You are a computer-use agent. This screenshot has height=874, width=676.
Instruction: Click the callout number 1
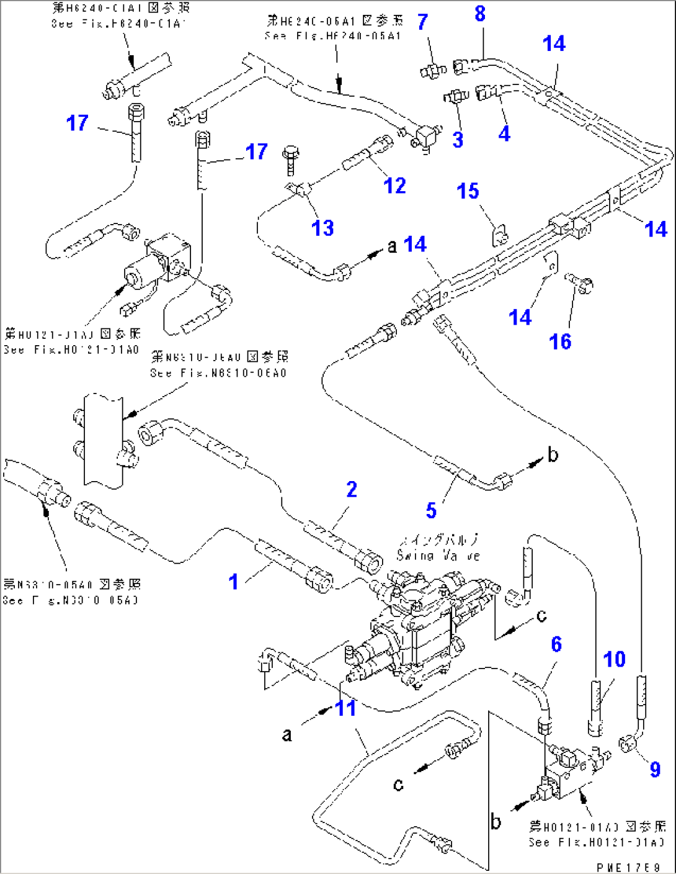(x=233, y=582)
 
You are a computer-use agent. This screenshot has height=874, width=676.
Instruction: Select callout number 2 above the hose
(x=352, y=489)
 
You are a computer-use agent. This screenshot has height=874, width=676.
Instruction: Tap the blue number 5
(x=431, y=510)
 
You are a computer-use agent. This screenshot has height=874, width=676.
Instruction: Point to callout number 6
(x=556, y=644)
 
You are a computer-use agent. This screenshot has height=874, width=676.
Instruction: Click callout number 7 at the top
(x=422, y=22)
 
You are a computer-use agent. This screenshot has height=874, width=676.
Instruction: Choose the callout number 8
(x=480, y=14)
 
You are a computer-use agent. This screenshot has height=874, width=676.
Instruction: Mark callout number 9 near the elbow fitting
(x=655, y=769)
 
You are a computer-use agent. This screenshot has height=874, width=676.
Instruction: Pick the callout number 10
(x=614, y=659)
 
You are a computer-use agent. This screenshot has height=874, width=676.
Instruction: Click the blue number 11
(x=345, y=708)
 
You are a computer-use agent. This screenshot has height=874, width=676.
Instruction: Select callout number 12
(x=394, y=185)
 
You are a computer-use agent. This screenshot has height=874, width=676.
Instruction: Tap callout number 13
(x=322, y=228)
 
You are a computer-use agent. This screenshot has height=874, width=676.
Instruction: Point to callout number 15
(x=468, y=191)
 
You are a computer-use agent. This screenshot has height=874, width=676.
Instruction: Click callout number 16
(x=560, y=341)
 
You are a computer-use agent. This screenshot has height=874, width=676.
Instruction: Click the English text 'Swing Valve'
(x=438, y=556)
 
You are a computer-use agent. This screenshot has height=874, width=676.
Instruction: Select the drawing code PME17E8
(x=628, y=867)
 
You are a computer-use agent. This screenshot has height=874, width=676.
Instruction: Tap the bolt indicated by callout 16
(x=579, y=284)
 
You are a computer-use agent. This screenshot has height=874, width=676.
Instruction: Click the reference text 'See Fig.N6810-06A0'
(x=218, y=373)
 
